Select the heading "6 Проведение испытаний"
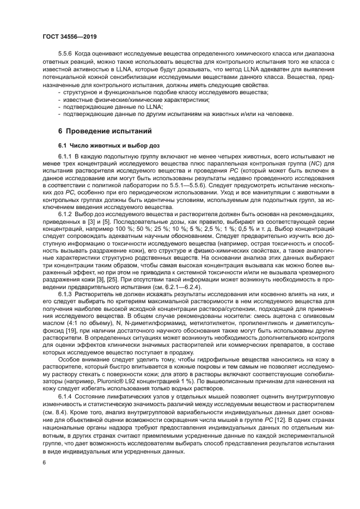pos(104,131)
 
